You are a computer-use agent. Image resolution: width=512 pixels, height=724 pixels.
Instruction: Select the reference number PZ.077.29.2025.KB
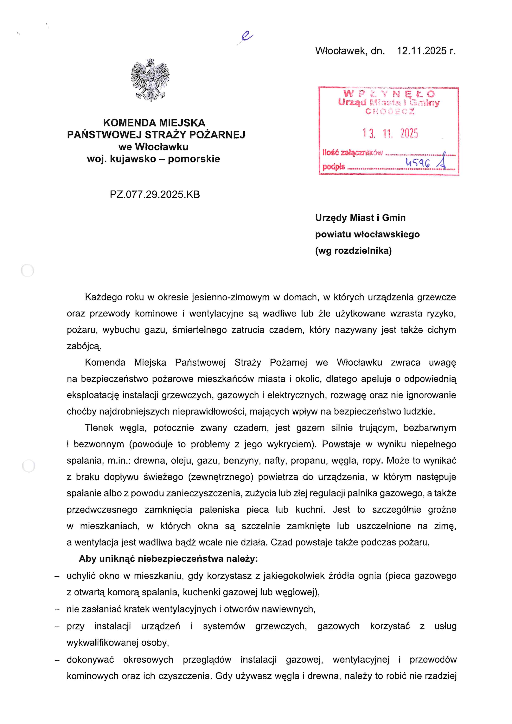point(155,194)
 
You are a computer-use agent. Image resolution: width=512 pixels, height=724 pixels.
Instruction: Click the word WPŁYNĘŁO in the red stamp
point(389,94)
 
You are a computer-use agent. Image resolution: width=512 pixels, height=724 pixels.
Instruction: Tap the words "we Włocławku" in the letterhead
point(154,147)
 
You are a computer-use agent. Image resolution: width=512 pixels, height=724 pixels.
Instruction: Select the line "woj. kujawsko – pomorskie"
point(154,159)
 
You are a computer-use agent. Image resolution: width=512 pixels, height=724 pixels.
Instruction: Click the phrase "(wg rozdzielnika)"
point(353,250)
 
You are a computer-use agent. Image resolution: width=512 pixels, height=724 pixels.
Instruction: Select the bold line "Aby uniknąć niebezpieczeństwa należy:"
point(168,558)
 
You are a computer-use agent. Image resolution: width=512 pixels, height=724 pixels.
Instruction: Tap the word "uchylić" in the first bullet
point(81,576)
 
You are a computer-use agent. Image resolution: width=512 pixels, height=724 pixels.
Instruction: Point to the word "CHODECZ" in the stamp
point(390,111)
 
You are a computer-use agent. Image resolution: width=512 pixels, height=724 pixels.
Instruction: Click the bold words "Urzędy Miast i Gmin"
point(360,218)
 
